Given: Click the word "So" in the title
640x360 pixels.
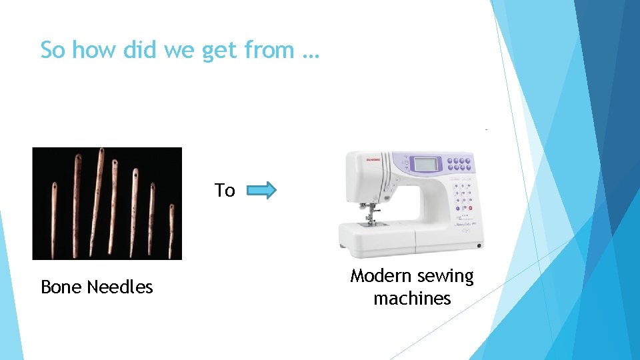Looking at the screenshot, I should [x=53, y=50].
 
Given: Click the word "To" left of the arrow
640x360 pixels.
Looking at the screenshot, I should [x=225, y=191].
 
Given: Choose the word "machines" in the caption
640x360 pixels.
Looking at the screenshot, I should [x=412, y=299].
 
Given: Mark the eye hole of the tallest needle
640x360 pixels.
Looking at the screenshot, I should [x=101, y=155].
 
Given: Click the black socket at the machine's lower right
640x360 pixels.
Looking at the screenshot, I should [x=479, y=246].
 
